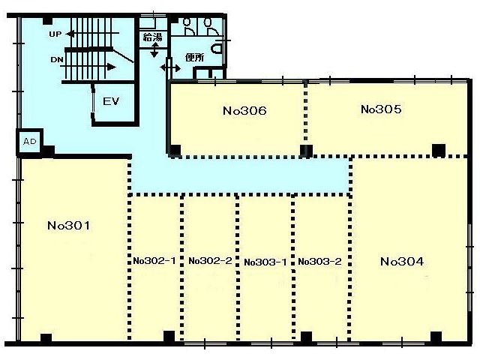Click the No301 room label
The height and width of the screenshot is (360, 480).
(x=69, y=226)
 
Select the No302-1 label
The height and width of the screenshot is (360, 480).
(x=154, y=261)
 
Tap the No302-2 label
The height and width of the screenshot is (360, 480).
(x=210, y=261)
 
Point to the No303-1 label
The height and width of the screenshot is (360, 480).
(x=265, y=262)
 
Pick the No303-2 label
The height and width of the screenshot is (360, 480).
(x=319, y=262)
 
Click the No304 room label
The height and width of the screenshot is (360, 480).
(x=402, y=261)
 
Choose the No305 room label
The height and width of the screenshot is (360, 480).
(x=381, y=109)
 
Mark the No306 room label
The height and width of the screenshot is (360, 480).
(x=244, y=110)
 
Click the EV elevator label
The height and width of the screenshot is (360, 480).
(x=111, y=101)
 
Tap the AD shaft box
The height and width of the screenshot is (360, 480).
(x=30, y=142)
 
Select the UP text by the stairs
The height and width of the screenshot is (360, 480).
(x=55, y=34)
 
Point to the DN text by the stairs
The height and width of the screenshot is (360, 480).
(x=57, y=60)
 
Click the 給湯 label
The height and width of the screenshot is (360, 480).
(x=152, y=37)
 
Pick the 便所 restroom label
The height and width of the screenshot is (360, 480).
(x=195, y=57)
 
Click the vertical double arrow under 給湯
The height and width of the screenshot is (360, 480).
(x=154, y=50)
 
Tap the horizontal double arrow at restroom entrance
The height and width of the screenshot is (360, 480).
(x=170, y=67)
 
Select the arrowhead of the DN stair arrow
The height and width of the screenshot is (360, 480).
(x=112, y=67)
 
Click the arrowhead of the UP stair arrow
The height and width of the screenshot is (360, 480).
(x=70, y=34)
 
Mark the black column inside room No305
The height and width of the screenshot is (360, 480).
(x=438, y=150)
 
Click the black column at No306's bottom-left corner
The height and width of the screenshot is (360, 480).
(x=175, y=150)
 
